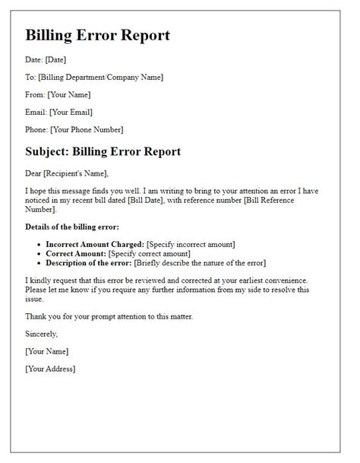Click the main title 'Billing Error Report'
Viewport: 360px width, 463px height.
click(x=98, y=36)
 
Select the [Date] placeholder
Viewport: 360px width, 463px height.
click(x=57, y=59)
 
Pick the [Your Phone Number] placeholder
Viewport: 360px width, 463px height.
click(x=88, y=129)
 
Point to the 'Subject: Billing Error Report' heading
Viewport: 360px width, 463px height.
click(x=103, y=151)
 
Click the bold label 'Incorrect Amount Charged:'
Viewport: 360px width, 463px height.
click(x=95, y=244)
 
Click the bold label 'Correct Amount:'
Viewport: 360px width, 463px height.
click(x=74, y=254)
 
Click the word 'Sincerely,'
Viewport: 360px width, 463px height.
click(x=41, y=333)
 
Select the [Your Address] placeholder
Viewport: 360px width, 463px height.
click(x=50, y=369)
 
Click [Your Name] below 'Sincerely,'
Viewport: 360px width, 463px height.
click(x=47, y=351)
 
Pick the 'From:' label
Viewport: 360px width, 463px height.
click(x=35, y=94)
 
